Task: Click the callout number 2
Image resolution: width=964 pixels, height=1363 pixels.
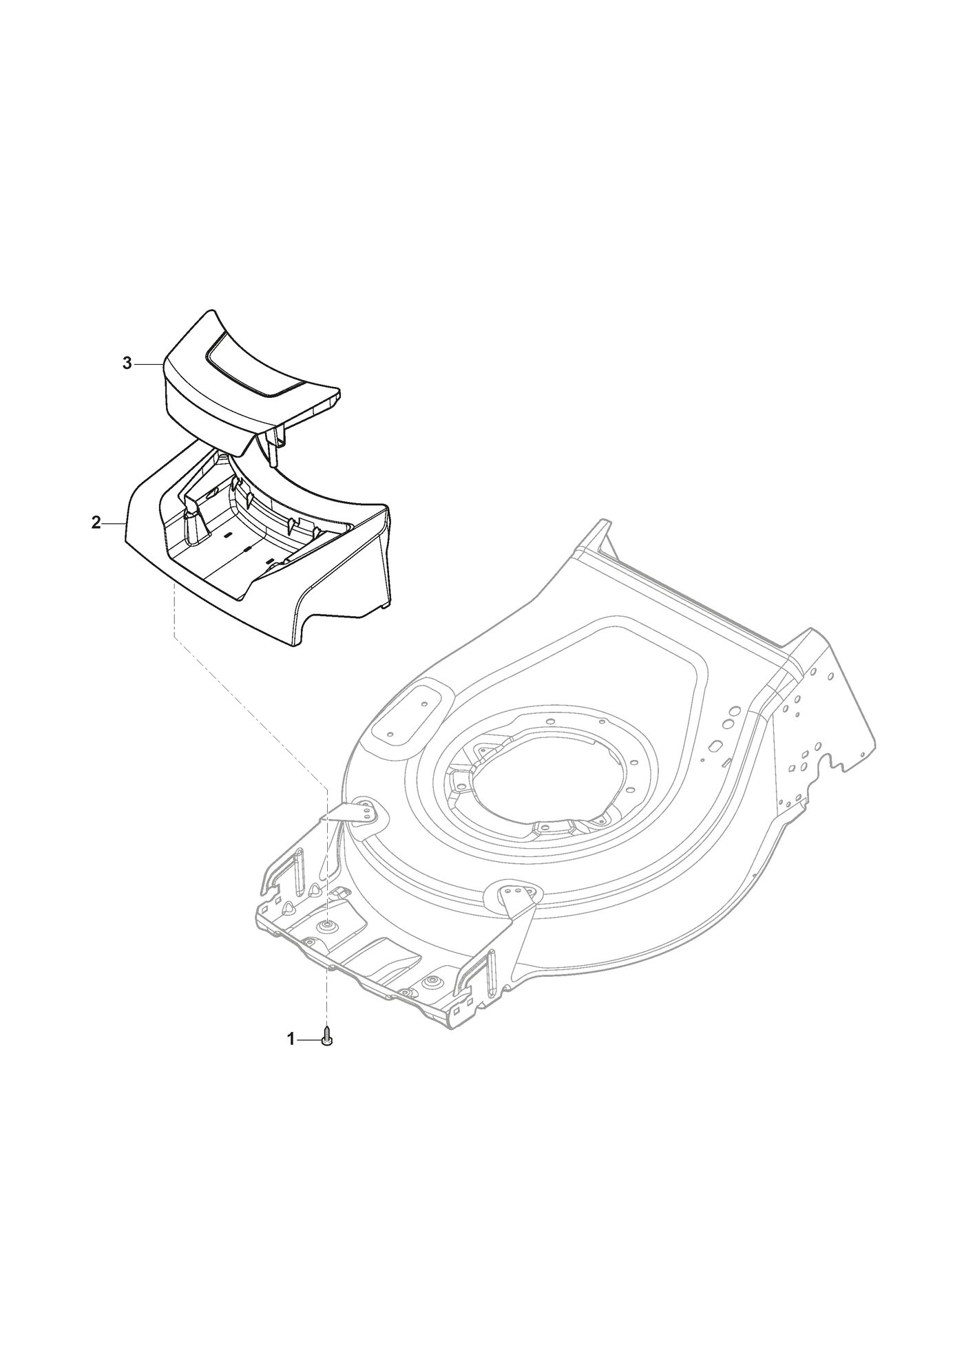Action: click(x=96, y=522)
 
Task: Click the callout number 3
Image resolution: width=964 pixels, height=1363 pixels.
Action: click(x=127, y=364)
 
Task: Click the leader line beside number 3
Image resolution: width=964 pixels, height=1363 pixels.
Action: click(x=148, y=364)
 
